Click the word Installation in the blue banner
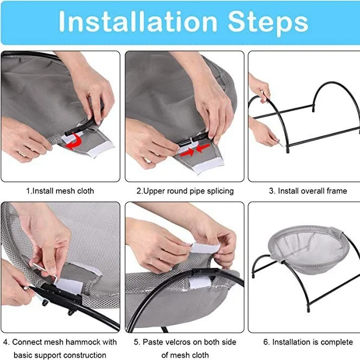pyautogui.click(x=138, y=21)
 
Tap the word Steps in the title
pyautogui.click(x=268, y=23)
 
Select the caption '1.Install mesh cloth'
pyautogui.click(x=60, y=191)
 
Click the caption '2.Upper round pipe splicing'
pyautogui.click(x=185, y=191)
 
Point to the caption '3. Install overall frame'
pyautogui.click(x=308, y=191)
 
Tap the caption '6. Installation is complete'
pyautogui.click(x=308, y=342)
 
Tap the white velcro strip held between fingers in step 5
pyautogui.click(x=205, y=247)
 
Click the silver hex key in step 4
pyautogui.click(x=46, y=273)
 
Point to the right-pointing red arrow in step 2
pyautogui.click(x=187, y=152)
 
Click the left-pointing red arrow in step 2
pyautogui.click(x=203, y=148)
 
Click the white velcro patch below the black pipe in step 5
pyautogui.click(x=200, y=282)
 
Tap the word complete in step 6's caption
pyautogui.click(x=337, y=342)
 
